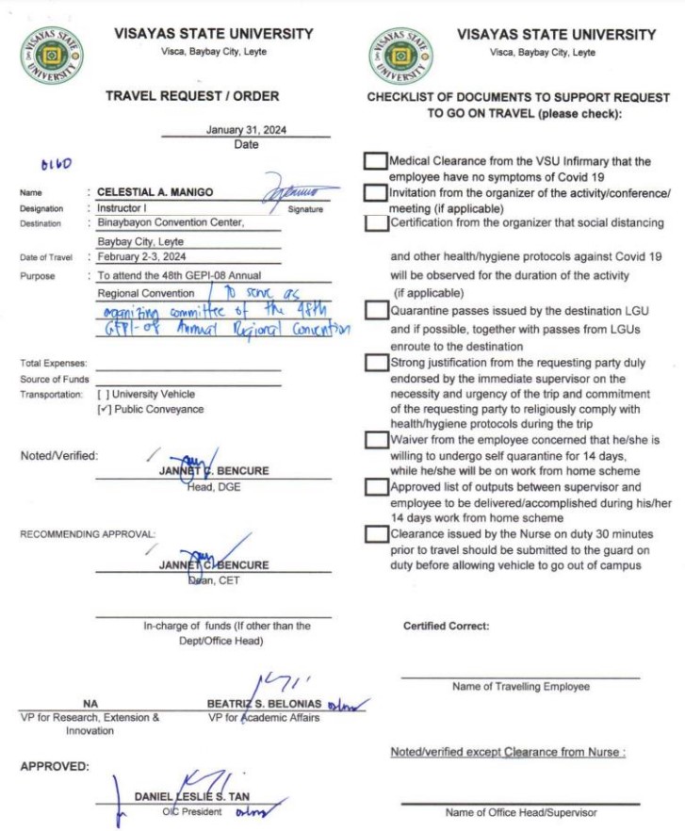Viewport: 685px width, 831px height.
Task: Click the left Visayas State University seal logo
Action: [x=51, y=53]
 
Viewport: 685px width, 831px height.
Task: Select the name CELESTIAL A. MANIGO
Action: [x=155, y=192]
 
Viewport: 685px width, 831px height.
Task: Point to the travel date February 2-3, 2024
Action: [x=142, y=256]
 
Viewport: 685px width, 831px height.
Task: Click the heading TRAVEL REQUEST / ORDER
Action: [x=191, y=96]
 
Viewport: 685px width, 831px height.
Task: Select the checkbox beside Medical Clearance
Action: [x=375, y=161]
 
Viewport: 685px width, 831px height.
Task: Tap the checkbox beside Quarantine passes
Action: [x=375, y=311]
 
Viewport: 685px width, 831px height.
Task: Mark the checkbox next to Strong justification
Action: [x=375, y=363]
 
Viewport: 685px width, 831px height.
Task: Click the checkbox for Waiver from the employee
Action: [x=375, y=440]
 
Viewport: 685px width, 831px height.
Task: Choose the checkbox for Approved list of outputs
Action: [x=375, y=487]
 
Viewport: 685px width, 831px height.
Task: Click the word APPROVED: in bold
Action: [x=55, y=766]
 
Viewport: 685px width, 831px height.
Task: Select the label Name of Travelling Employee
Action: [x=520, y=687]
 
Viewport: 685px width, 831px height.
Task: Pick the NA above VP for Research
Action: [x=90, y=704]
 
